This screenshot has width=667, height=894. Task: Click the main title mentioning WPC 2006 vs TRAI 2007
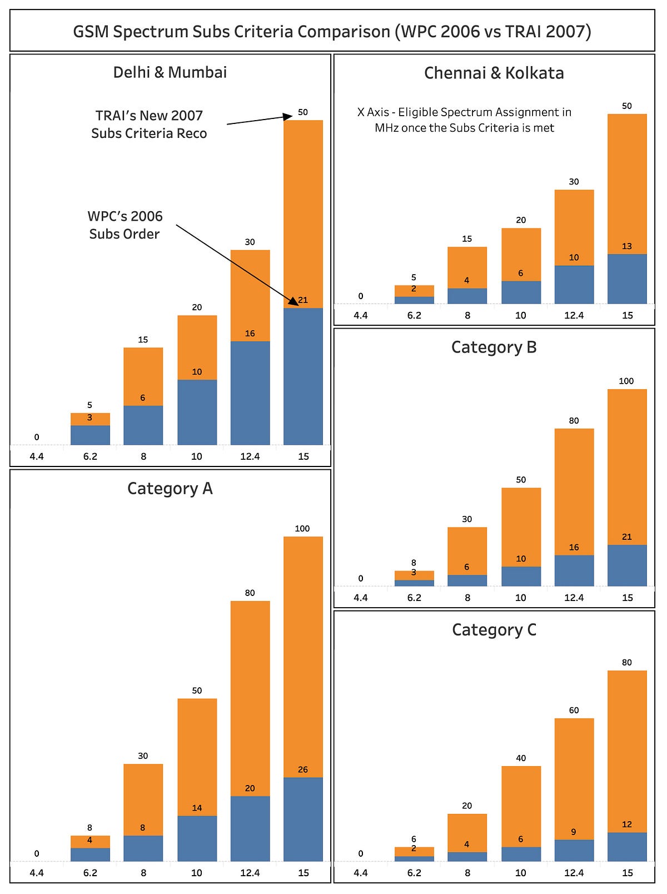[332, 31]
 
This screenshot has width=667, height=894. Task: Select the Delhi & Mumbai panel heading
[170, 72]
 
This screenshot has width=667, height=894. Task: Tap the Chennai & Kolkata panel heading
[494, 73]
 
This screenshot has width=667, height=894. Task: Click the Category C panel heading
[494, 629]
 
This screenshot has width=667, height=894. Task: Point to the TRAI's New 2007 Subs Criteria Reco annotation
[149, 125]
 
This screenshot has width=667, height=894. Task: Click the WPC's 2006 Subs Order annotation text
[125, 225]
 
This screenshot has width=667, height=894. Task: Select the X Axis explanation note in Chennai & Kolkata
[464, 120]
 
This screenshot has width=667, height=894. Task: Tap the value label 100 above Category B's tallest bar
[626, 381]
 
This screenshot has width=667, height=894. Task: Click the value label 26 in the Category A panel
[302, 769]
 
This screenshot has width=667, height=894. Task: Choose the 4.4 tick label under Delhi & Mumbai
[37, 456]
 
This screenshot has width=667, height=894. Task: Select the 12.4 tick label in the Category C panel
[574, 873]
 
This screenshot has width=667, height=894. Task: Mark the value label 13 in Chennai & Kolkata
[626, 246]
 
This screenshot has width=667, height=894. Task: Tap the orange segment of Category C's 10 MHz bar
[521, 806]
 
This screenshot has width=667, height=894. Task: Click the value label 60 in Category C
[574, 710]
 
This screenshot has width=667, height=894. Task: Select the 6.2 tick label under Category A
[90, 873]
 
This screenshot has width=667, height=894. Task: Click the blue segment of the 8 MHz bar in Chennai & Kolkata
[467, 296]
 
